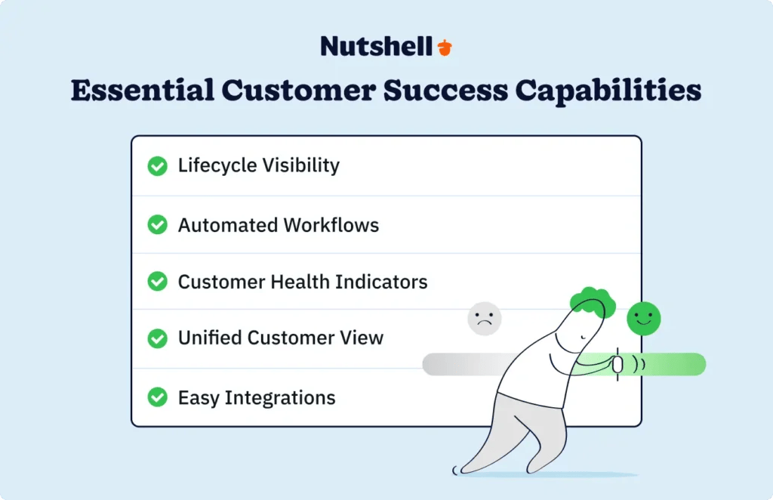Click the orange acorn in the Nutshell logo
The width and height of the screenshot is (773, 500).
click(445, 47)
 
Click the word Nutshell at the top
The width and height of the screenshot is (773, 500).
click(377, 46)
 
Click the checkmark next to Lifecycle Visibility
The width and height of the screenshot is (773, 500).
click(157, 166)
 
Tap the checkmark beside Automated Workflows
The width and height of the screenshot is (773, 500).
click(157, 224)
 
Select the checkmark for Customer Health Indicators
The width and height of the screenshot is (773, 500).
click(157, 282)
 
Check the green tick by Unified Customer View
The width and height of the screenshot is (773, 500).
click(157, 338)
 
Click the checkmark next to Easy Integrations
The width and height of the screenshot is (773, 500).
click(157, 397)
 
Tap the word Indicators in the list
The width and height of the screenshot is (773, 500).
click(383, 282)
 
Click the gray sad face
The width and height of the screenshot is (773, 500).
click(485, 319)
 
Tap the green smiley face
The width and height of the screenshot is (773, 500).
click(643, 318)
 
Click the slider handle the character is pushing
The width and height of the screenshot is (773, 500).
click(617, 364)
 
